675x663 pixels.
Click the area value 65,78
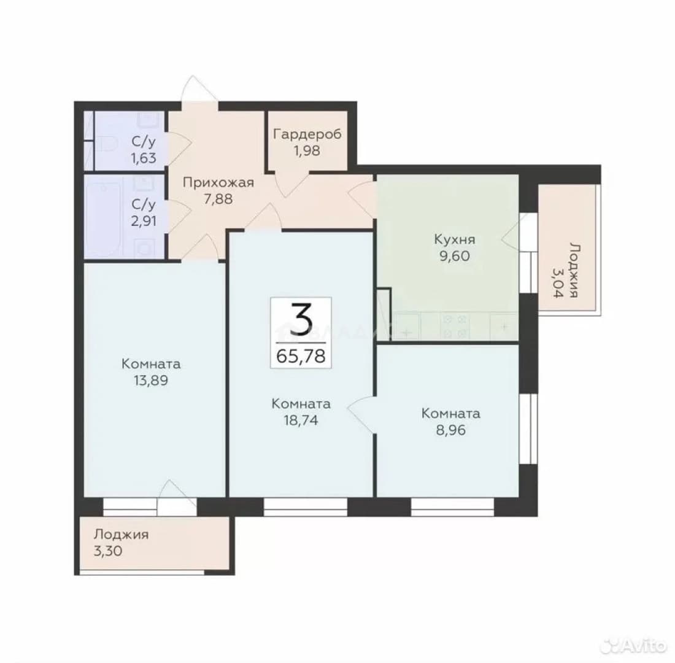pyautogui.click(x=301, y=356)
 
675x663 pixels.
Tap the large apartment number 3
pyautogui.click(x=300, y=319)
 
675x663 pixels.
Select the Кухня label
pyautogui.click(x=455, y=239)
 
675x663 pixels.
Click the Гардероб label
pyautogui.click(x=307, y=134)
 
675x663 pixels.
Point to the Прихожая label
pyautogui.click(x=218, y=183)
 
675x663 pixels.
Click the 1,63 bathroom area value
pyautogui.click(x=144, y=158)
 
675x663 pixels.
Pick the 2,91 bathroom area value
pyautogui.click(x=144, y=221)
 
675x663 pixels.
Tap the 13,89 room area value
pyautogui.click(x=151, y=381)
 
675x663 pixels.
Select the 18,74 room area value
pyautogui.click(x=301, y=421)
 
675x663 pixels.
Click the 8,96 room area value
pyautogui.click(x=451, y=430)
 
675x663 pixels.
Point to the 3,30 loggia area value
pyautogui.click(x=108, y=551)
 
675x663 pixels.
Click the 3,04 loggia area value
pyautogui.click(x=558, y=283)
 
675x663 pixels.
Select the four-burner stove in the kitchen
pyautogui.click(x=455, y=326)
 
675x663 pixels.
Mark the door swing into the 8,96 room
pyautogui.click(x=361, y=414)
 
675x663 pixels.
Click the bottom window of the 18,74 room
pyautogui.click(x=305, y=507)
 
